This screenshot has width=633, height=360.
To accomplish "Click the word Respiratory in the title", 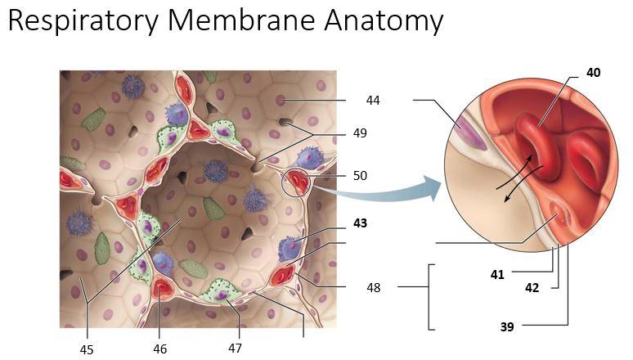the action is pos(83,20).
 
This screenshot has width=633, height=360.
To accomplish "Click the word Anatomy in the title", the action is pos(384,20).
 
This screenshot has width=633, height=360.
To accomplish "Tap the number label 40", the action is pos(593,73).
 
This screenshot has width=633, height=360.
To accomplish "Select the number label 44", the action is pos(373,100).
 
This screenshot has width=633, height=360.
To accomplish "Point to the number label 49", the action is pos(360,133).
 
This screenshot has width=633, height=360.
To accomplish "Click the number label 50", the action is pos(360,176).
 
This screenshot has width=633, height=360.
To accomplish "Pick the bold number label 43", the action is pos(360,223).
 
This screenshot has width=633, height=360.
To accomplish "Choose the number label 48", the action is pos(374,288).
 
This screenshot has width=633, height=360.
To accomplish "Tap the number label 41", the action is pos(497,275).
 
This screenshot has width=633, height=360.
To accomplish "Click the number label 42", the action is pos(532,288).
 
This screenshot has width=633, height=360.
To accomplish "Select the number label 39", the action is pos(507,326).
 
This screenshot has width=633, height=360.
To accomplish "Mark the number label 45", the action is pos(87,350).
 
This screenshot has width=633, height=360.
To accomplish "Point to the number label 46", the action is pos(159,349).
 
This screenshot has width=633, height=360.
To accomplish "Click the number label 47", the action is pos(235,348).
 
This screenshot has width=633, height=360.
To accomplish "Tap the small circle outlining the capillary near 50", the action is pos(282,182).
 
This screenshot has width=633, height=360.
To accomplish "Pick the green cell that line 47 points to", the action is pos(220,294).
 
